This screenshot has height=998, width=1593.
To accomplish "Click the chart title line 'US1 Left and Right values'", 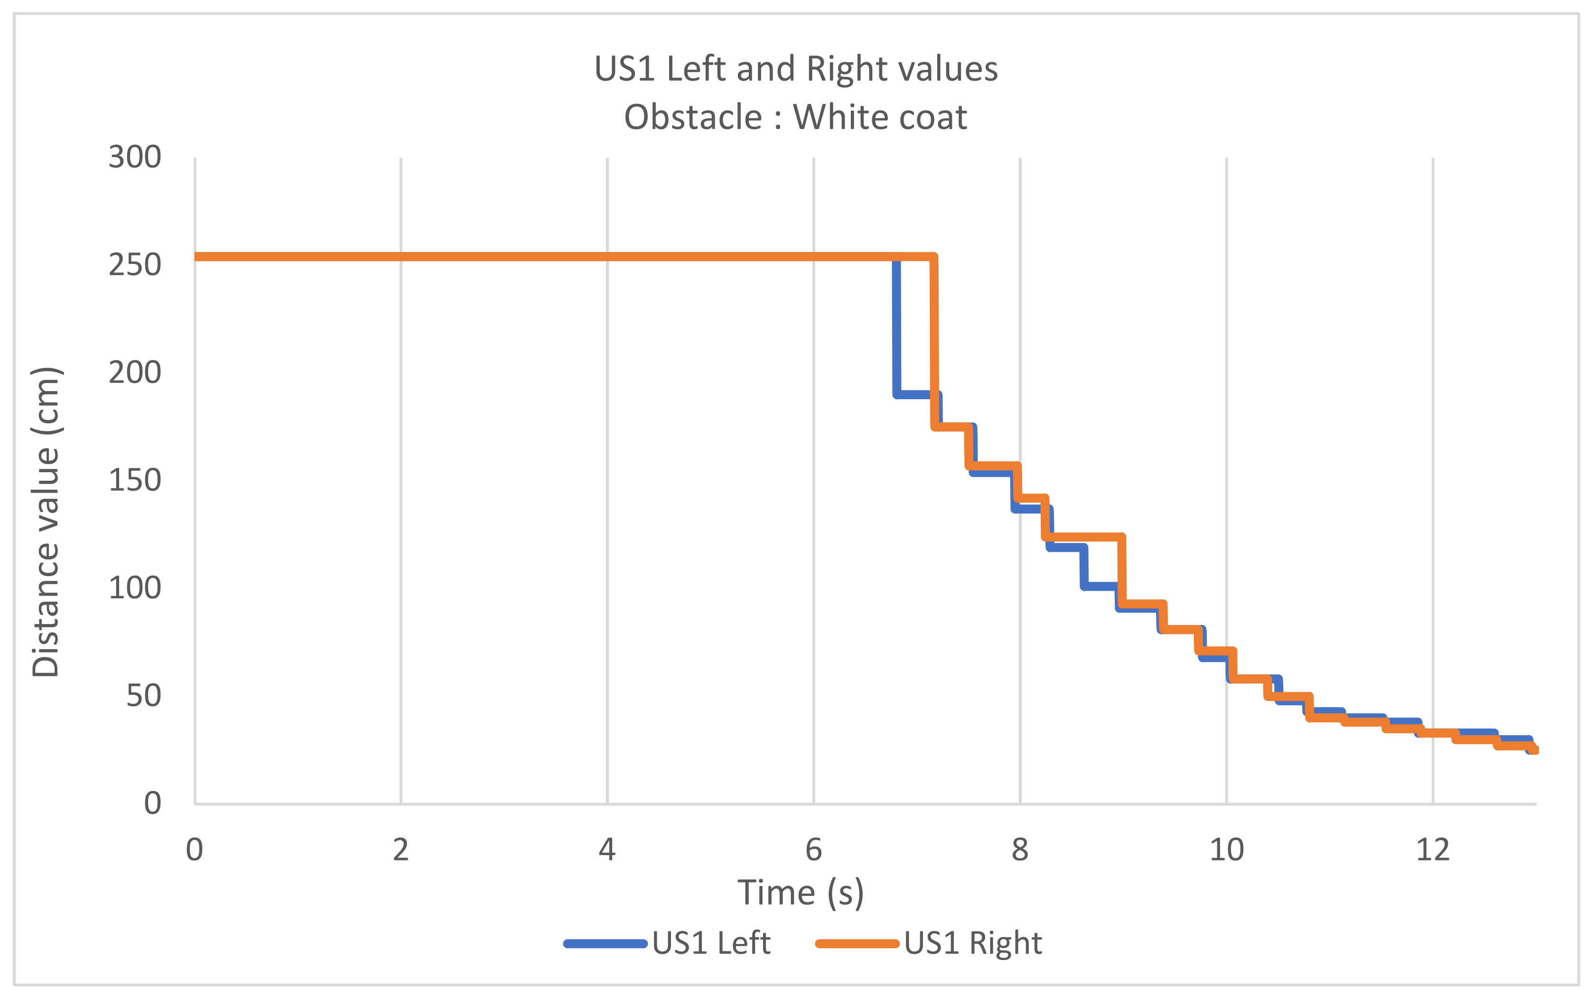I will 796,69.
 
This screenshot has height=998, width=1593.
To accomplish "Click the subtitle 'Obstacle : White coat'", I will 795,118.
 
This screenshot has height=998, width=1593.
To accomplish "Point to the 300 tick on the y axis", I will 135,157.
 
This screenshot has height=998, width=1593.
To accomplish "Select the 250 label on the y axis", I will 135,265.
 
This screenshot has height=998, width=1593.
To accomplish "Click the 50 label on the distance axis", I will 143,695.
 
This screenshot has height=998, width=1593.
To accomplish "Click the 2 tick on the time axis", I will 401,849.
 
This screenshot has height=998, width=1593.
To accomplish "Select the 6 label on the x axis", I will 814,849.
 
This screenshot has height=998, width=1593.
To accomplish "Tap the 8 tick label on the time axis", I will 1020,849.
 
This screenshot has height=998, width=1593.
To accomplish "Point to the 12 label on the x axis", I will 1433,849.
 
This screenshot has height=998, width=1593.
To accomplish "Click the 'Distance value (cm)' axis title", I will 46,522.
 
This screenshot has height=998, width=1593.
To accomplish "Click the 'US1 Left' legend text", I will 711,943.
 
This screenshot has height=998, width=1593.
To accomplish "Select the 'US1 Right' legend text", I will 973,943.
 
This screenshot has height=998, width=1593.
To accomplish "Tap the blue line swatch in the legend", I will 605,944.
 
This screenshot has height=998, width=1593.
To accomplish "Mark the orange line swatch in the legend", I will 857,944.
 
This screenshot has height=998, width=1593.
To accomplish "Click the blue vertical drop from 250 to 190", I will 896,326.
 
